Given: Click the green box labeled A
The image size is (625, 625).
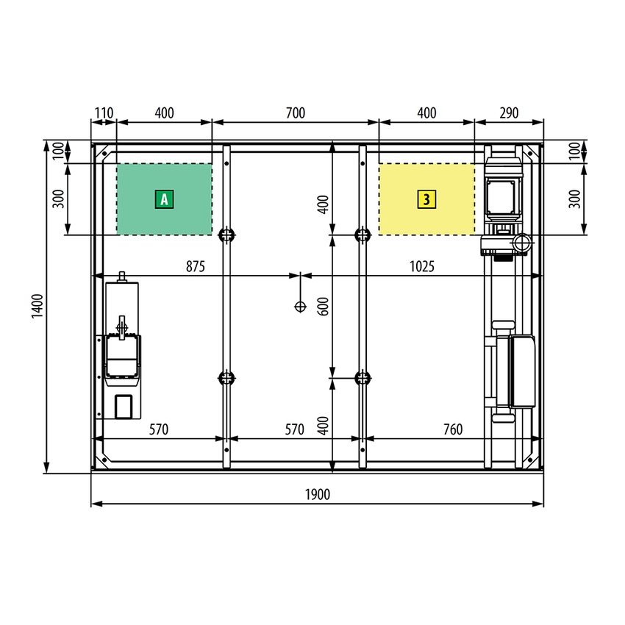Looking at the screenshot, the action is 164,199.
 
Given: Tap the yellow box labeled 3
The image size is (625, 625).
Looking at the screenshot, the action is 426,199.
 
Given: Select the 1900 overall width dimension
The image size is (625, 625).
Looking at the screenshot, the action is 318,495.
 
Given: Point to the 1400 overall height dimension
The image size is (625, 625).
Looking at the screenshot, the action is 37,306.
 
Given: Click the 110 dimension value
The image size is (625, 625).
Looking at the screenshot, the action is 104,113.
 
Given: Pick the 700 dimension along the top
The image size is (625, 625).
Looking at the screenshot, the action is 296,113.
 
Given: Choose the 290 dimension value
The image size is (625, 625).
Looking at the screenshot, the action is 509,113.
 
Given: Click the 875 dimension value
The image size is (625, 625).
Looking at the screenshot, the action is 196,266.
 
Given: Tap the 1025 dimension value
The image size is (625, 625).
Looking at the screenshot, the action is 422,266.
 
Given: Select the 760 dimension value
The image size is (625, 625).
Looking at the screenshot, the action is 453,429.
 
